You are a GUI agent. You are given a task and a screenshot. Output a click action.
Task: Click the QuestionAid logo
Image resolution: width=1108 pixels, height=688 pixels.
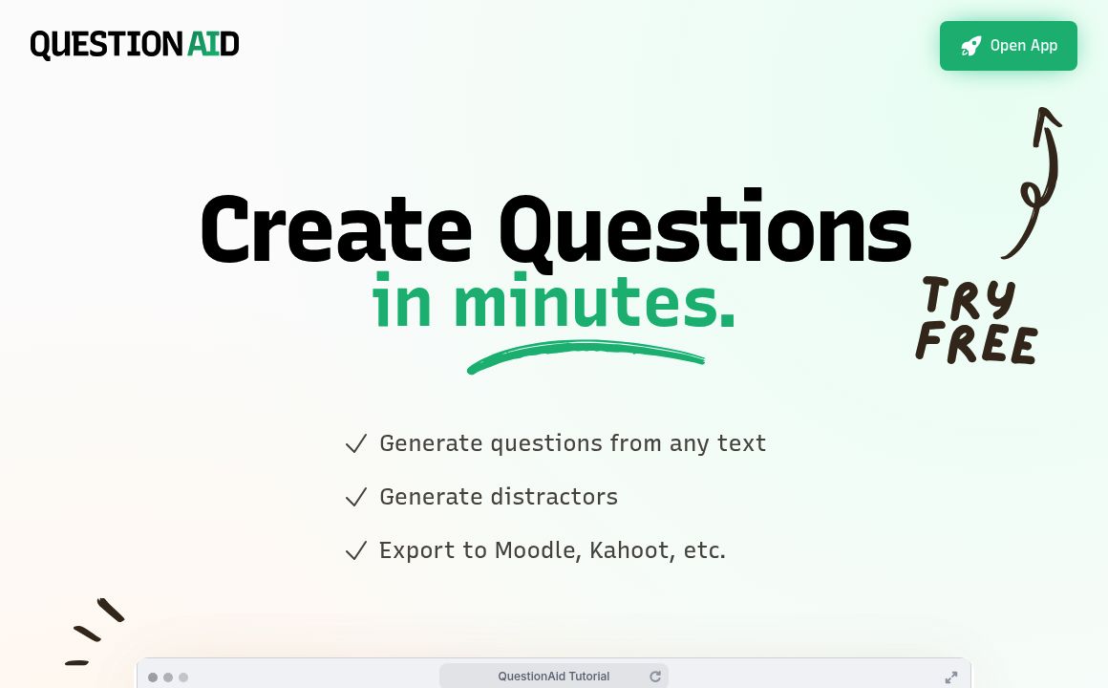135,45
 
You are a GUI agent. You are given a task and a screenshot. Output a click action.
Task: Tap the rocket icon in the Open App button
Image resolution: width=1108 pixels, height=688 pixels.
971,46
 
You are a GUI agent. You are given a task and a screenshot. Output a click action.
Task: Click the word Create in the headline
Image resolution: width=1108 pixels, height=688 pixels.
335,229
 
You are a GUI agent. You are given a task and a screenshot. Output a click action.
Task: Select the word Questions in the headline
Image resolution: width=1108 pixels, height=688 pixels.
704,229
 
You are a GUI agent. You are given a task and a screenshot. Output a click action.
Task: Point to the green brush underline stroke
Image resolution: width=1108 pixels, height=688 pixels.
585,355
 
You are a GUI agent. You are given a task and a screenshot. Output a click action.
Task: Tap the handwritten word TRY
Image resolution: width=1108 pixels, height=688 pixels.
968,298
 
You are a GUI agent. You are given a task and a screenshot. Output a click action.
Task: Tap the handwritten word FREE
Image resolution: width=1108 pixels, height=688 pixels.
976,342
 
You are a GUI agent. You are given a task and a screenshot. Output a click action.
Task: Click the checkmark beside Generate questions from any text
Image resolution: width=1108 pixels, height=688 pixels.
356,444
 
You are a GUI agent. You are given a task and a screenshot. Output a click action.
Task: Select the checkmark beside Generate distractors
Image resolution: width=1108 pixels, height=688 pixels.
356,498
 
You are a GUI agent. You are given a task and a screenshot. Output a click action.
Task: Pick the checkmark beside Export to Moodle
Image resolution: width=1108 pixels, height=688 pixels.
356,551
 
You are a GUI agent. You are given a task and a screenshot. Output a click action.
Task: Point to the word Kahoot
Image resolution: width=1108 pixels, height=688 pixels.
629,550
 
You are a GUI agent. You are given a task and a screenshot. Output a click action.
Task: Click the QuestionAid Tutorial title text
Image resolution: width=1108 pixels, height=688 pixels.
553,677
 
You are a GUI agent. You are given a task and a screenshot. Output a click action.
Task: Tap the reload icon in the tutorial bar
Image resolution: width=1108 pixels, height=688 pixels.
655,677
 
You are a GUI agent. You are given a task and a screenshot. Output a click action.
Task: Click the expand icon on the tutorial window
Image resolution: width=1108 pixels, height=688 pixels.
951,677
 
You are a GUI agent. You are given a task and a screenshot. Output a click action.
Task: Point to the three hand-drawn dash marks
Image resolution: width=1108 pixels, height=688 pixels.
95,631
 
